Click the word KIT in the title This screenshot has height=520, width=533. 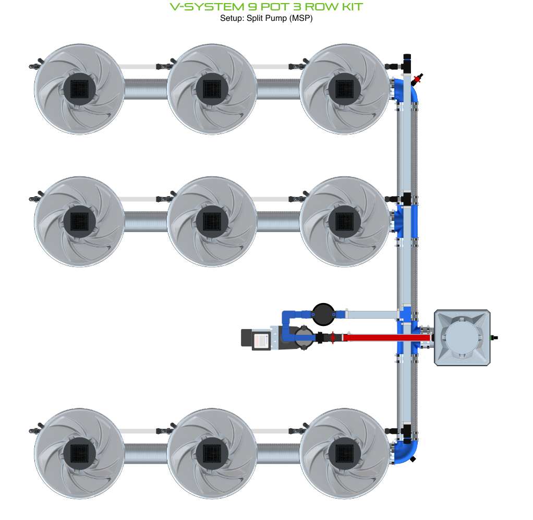[x=353, y=7]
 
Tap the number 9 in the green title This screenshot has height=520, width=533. [x=252, y=7]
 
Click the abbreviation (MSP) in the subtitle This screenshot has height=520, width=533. [x=301, y=18]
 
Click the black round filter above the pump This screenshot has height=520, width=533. [x=323, y=315]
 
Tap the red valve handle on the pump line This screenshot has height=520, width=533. [x=333, y=338]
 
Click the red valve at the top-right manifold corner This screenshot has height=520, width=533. [x=418, y=79]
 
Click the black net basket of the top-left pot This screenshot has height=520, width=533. [x=79, y=89]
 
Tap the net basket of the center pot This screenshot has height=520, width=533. [x=212, y=221]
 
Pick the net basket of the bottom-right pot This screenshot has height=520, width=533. [x=344, y=453]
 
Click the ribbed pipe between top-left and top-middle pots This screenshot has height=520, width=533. [x=146, y=89]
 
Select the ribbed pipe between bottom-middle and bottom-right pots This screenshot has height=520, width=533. [x=278, y=454]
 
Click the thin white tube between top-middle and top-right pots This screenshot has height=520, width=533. [x=272, y=67]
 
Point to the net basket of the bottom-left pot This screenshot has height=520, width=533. [x=79, y=453]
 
